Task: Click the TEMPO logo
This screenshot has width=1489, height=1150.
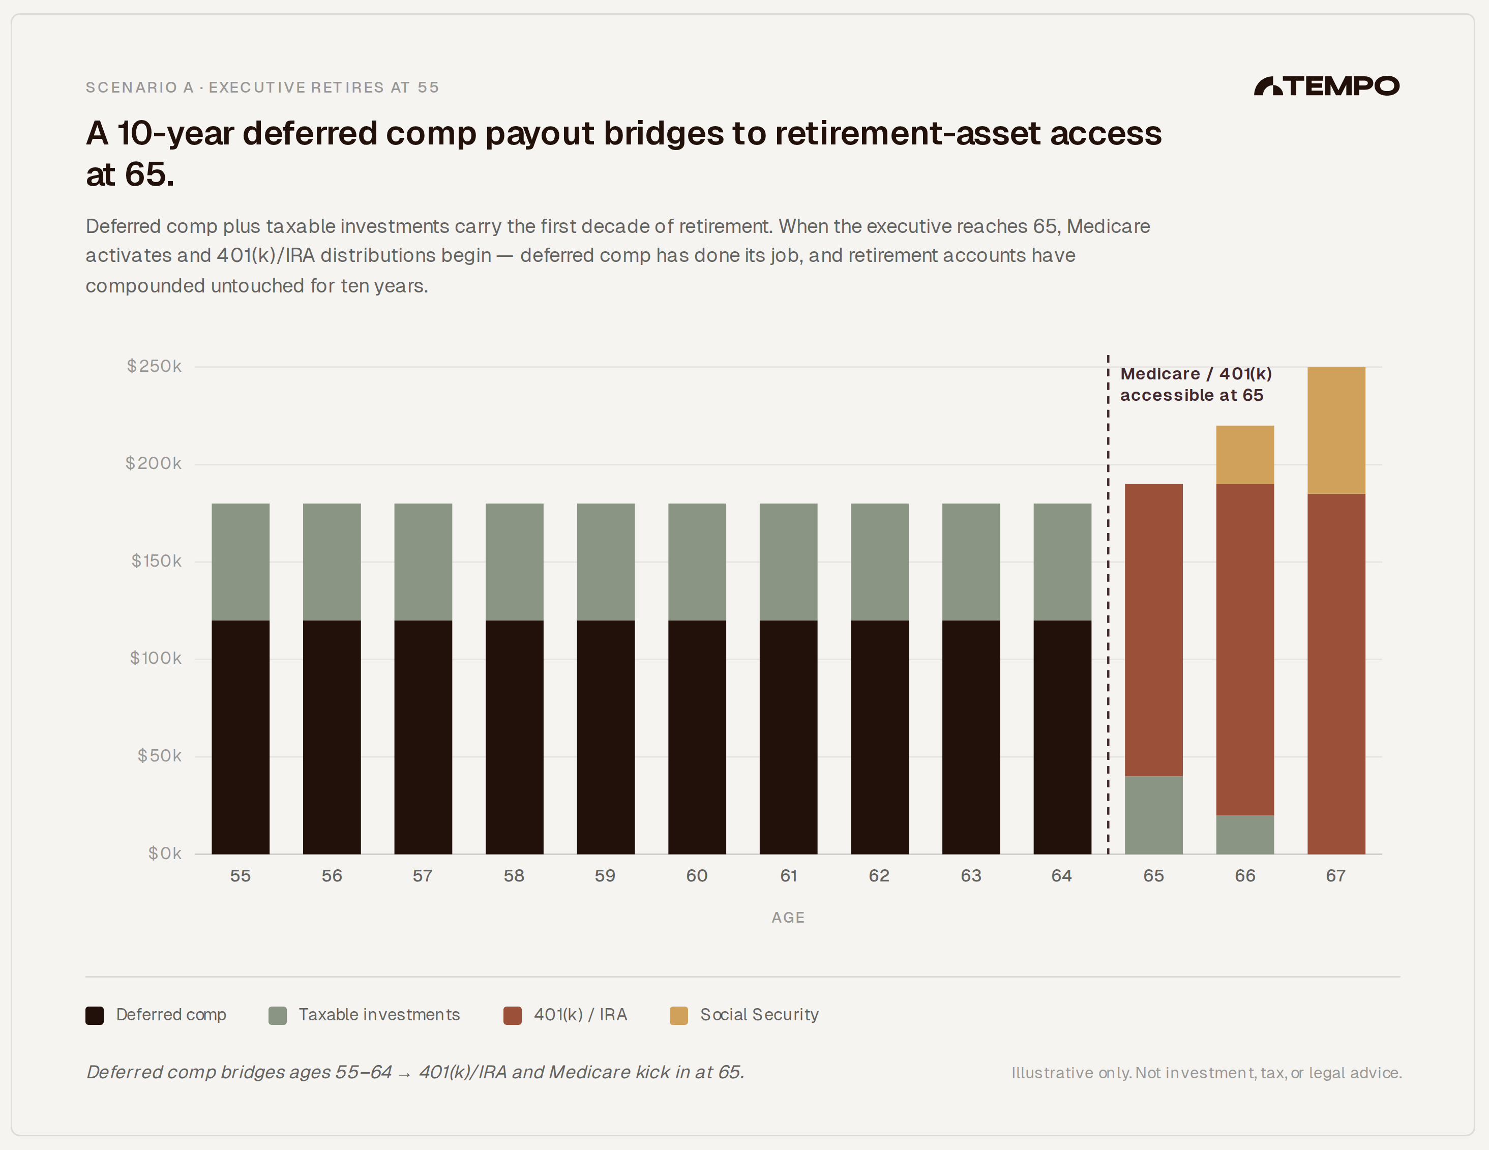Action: [x=1326, y=86]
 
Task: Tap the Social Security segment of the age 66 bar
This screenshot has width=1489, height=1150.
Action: [x=1244, y=455]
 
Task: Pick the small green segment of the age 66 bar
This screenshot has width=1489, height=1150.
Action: [x=1244, y=834]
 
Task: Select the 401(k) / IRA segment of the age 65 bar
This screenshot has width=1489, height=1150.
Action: [x=1153, y=630]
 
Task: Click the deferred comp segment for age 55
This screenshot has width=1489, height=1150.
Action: [x=240, y=736]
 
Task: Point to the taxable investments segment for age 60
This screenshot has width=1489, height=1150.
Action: [x=697, y=562]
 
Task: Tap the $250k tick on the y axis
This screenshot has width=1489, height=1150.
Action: [x=154, y=366]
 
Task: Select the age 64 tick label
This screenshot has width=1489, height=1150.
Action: [x=1061, y=876]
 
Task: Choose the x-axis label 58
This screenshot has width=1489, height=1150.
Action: [x=514, y=876]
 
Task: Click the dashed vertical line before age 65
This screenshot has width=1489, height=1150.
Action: [x=1108, y=614]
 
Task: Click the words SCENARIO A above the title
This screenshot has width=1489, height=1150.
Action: [x=140, y=87]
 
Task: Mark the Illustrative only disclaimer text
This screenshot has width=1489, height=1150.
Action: [x=1206, y=1073]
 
